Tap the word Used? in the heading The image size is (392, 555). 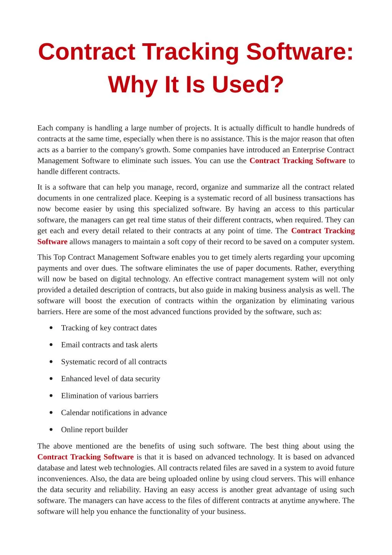pyautogui.click(x=248, y=85)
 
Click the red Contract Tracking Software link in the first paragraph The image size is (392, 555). pyautogui.click(x=297, y=161)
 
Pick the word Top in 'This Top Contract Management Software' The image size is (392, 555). pyautogui.click(x=60, y=257)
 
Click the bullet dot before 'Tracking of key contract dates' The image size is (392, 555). pyautogui.click(x=51, y=328)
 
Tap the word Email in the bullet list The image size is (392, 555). pyautogui.click(x=70, y=345)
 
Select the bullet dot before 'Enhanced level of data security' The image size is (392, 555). pyautogui.click(x=51, y=379)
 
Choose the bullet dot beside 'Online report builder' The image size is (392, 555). pyautogui.click(x=51, y=430)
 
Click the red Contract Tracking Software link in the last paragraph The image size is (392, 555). pyautogui.click(x=85, y=457)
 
